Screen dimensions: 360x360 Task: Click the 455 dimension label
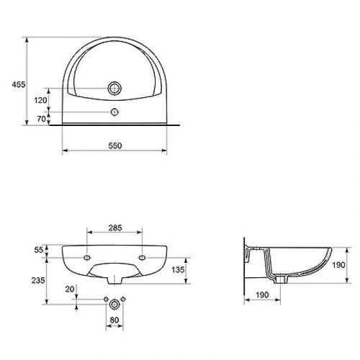click(x=19, y=84)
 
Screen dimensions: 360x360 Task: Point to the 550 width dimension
click(x=115, y=145)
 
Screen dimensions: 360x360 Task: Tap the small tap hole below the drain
click(x=114, y=112)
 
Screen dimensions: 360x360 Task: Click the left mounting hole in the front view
click(x=87, y=256)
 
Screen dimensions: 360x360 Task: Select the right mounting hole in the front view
click(x=141, y=256)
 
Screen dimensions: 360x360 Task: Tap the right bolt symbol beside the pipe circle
click(x=123, y=299)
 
